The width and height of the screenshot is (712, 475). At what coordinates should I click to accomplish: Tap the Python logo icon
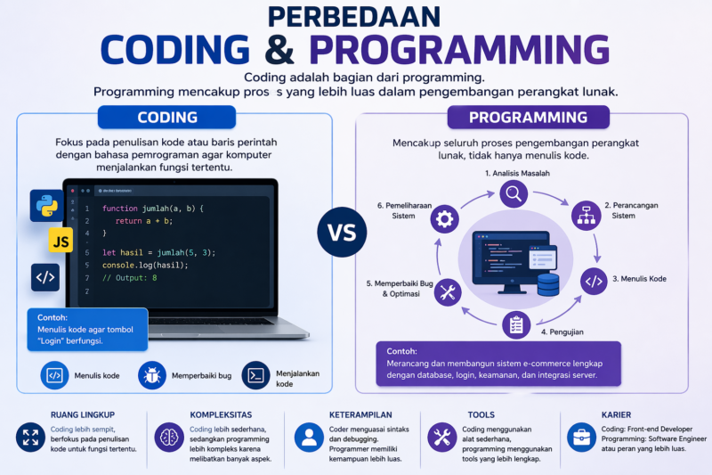46,205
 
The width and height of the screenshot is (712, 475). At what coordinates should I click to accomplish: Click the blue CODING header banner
166,118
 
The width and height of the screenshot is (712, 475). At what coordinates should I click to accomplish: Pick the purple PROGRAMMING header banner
527,118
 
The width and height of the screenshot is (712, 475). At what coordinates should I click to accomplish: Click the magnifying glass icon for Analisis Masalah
514,192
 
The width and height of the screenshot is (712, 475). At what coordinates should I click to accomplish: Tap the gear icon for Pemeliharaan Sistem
444,218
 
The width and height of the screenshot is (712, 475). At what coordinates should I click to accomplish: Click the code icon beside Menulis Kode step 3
594,280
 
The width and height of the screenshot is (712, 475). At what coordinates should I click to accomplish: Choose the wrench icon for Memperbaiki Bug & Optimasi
448,291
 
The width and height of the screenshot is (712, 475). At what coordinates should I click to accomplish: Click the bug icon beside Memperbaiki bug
151,375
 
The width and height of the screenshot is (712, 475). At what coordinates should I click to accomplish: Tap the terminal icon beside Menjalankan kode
256,375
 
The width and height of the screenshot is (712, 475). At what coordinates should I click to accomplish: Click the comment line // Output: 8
129,278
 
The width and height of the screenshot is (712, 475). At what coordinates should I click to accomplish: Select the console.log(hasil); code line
144,266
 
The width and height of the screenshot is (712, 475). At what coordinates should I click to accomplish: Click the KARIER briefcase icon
582,437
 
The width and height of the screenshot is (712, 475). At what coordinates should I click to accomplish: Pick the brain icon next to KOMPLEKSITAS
169,437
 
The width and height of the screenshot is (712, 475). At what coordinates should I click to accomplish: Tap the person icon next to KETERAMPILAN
310,437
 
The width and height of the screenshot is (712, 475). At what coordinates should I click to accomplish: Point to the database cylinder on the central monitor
548,285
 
